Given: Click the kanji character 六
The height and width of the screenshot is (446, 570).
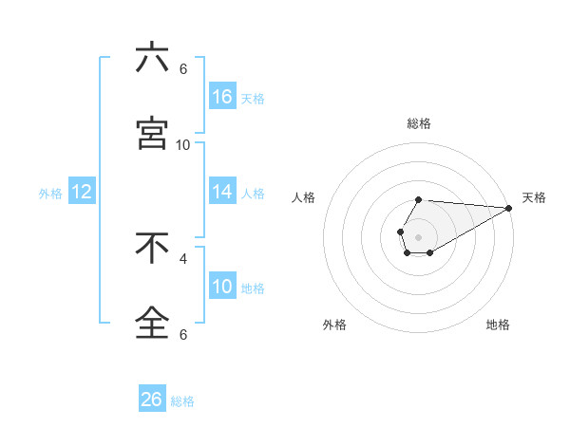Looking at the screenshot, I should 152,59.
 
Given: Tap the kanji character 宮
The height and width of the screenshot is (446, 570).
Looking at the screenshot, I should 152,135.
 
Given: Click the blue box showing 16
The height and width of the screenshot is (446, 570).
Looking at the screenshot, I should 222,97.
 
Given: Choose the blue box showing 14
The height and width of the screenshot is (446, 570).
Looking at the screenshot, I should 222,192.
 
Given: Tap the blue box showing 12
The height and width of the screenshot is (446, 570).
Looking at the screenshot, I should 82,192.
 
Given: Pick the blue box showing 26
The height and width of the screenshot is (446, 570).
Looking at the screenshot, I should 152,400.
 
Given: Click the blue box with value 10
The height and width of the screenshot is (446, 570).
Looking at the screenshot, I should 222,287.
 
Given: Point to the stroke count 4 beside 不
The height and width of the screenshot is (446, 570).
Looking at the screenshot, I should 183,258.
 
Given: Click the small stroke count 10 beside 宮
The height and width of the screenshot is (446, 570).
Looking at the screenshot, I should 183,144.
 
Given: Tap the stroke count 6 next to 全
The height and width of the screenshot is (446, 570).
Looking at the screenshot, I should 183,334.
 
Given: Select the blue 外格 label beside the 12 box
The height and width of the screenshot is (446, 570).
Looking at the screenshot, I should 50,194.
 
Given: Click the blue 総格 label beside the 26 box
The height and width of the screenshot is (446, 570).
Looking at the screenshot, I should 182,401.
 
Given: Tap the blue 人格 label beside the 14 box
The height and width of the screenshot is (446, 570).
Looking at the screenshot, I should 253,194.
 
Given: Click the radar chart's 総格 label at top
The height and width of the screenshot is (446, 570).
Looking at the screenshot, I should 419,123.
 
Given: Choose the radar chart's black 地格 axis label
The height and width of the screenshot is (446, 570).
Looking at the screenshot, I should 498,325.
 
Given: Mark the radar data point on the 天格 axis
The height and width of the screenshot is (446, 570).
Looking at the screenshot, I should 509,208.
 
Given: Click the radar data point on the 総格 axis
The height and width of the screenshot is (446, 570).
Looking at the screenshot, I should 418,199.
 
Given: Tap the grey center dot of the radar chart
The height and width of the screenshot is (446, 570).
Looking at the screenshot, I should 418,235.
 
